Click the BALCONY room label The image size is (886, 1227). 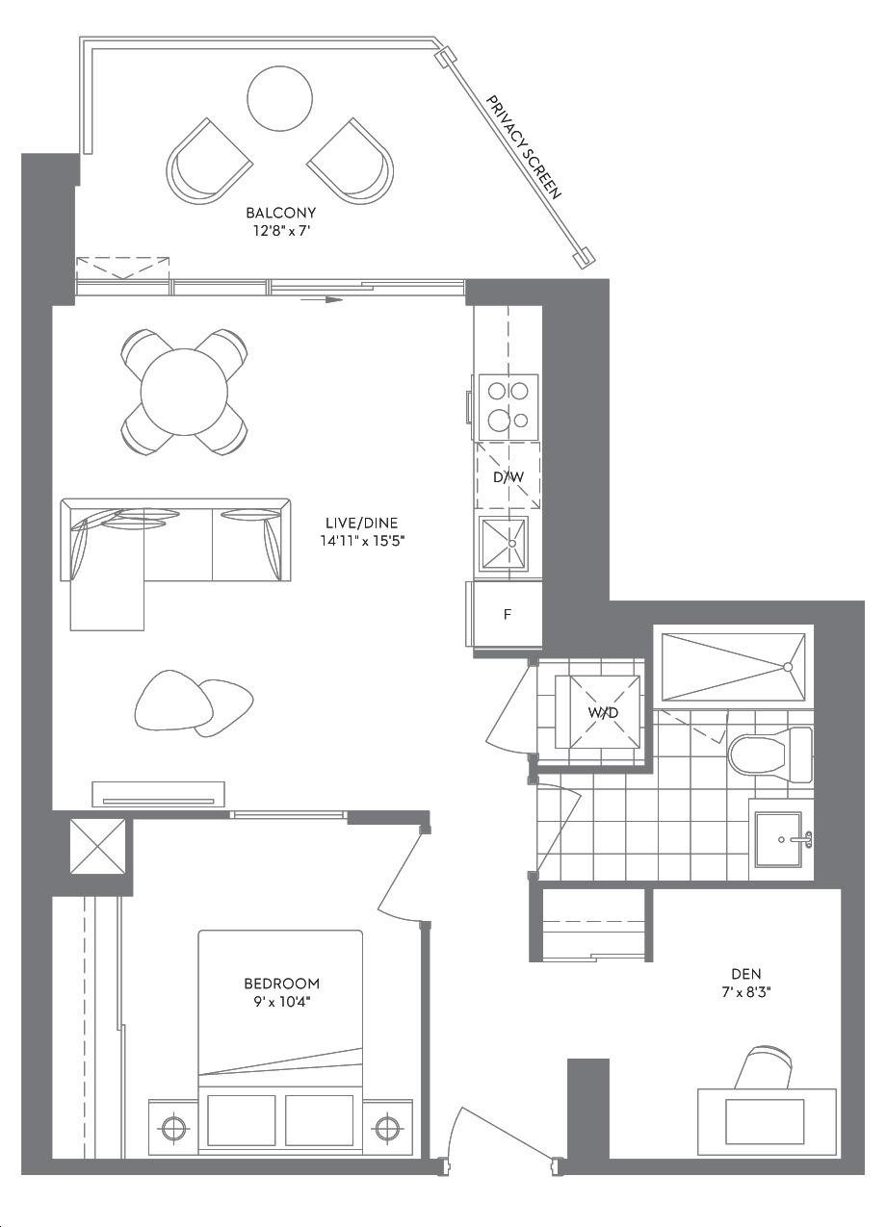pos(280,212)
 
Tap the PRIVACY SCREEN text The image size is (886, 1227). pos(524,147)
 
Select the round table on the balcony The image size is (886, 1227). pos(279,98)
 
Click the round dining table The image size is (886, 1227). pos(184,392)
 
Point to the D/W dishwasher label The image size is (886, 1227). pos(508,477)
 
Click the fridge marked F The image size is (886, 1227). pos(508,615)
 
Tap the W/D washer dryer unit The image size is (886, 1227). pos(598,712)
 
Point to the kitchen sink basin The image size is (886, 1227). pos(505,543)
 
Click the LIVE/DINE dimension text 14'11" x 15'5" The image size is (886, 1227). pos(362,541)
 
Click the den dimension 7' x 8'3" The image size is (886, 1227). pos(746,992)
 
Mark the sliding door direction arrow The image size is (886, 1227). pos(322,299)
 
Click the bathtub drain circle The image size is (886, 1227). pos(788,667)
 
